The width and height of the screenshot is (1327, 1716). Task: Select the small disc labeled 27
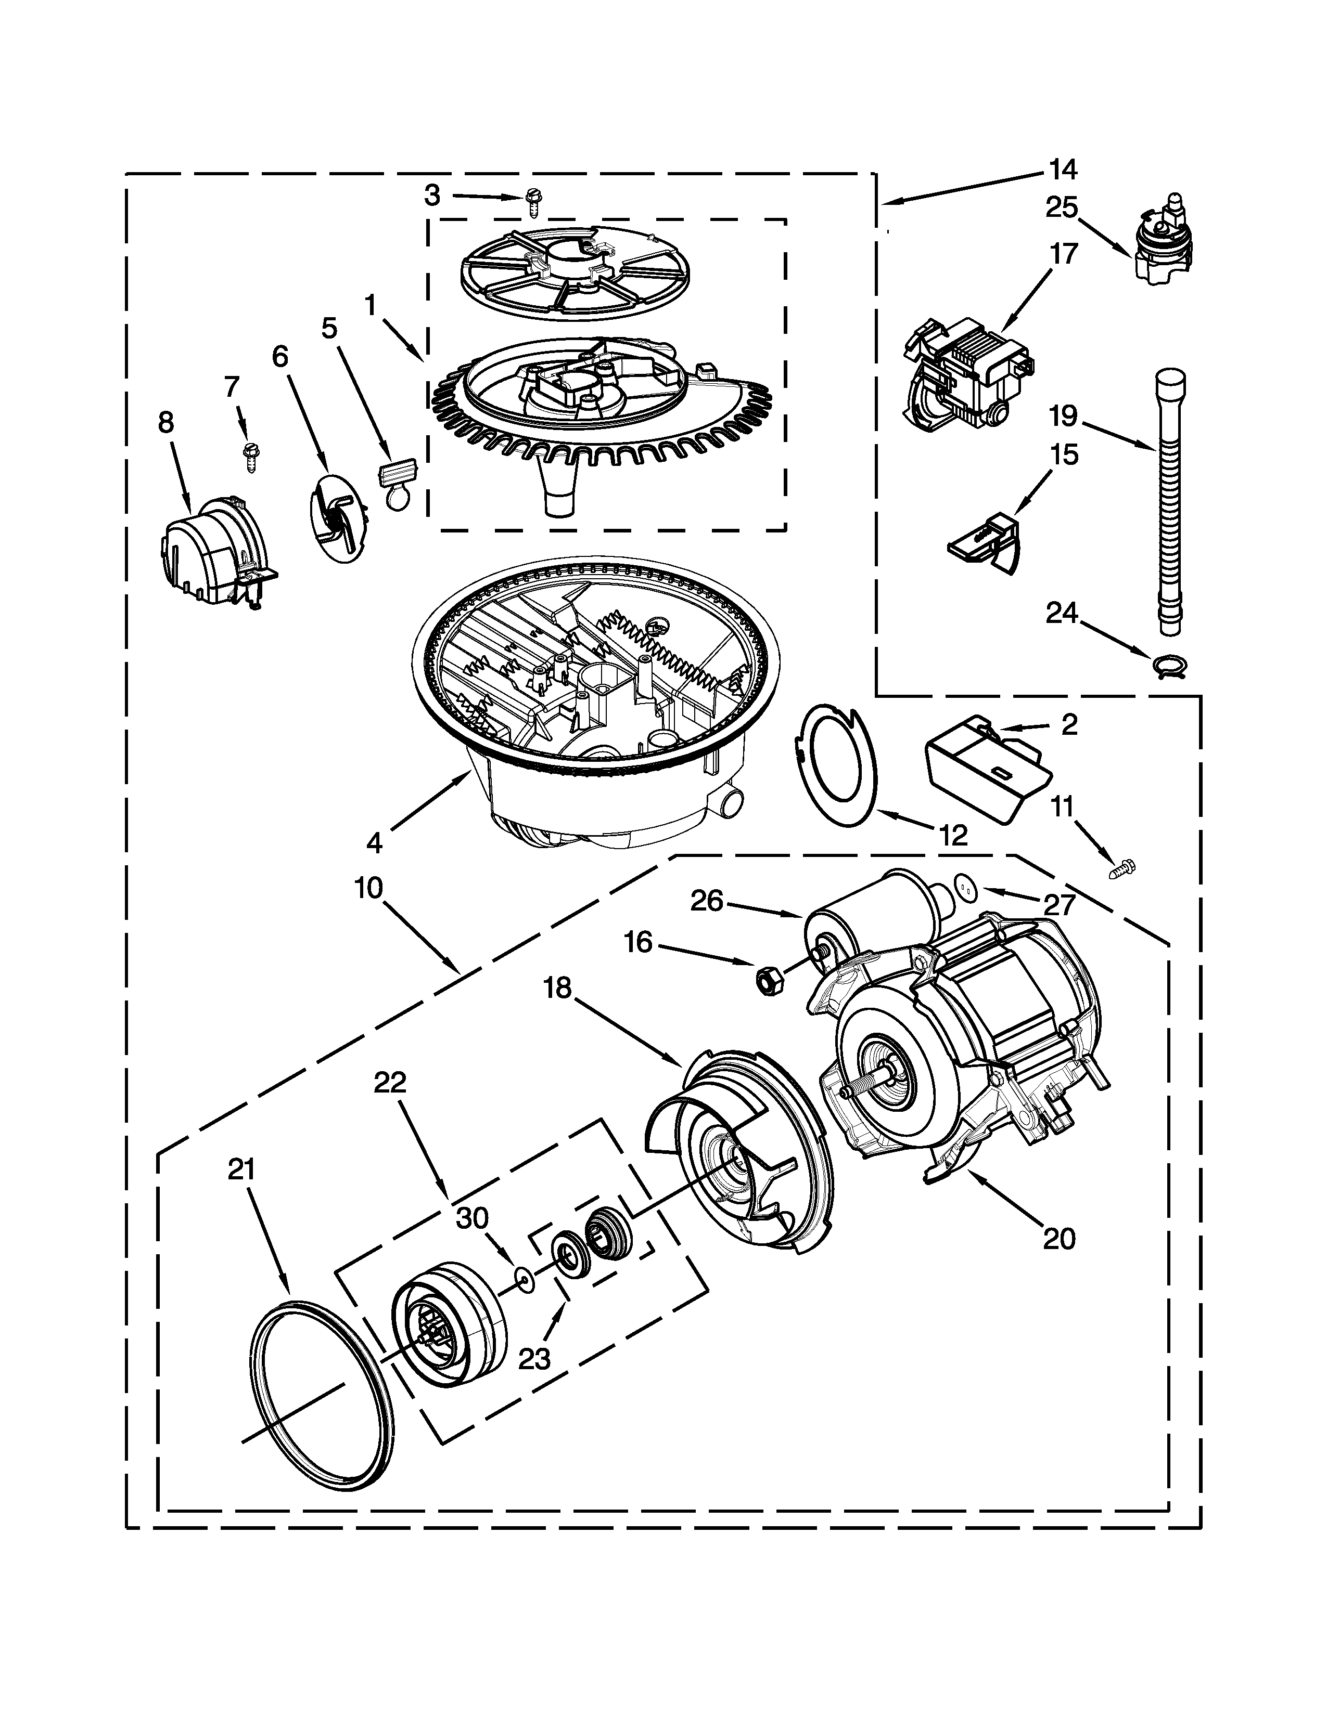[965, 887]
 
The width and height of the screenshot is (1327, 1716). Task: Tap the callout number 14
[1063, 170]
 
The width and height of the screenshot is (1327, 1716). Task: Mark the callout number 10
[368, 888]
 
